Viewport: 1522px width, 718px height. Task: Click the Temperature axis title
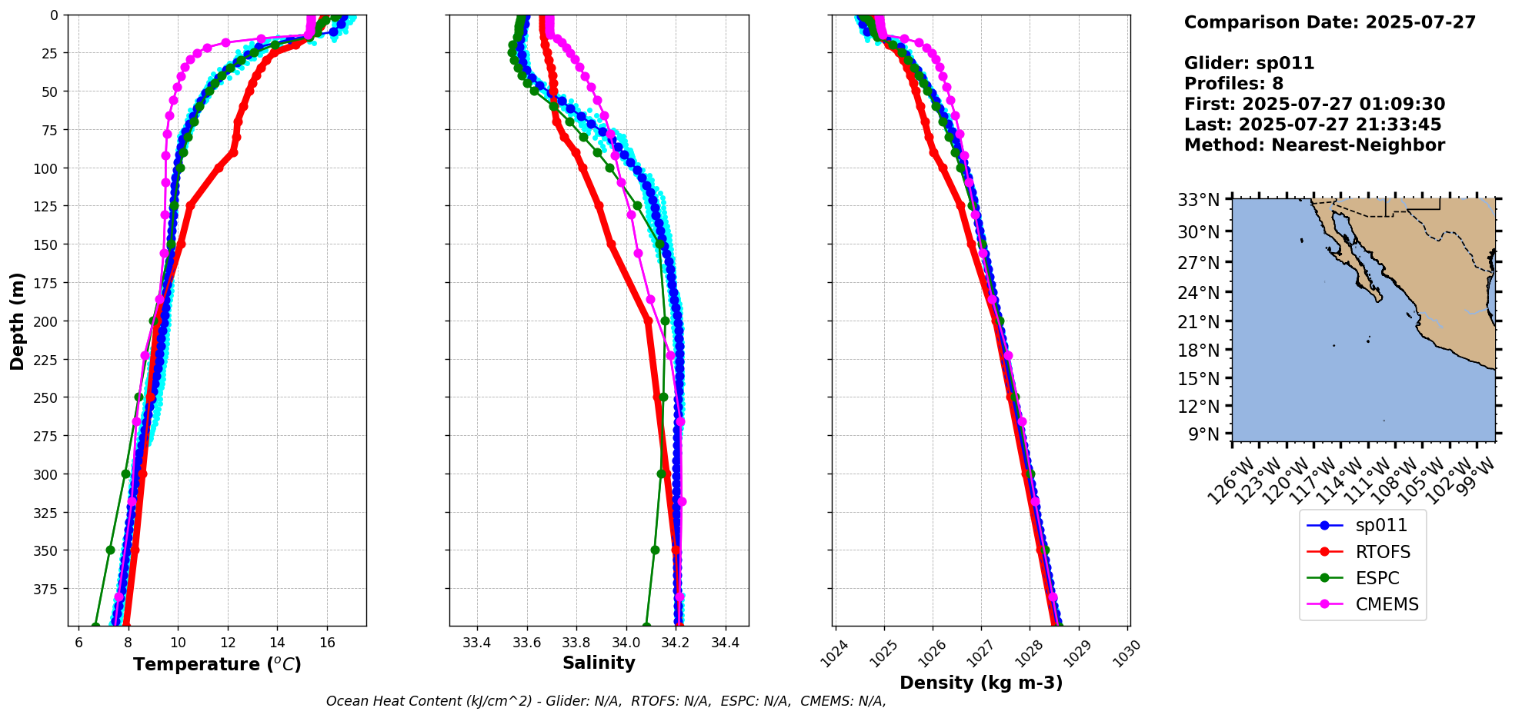point(217,664)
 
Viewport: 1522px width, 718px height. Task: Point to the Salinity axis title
point(599,663)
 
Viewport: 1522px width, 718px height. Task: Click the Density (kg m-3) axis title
point(981,683)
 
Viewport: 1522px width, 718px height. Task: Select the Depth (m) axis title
point(17,321)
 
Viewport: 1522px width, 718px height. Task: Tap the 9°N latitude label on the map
point(1204,434)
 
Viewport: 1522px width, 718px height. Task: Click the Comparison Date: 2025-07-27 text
point(1330,22)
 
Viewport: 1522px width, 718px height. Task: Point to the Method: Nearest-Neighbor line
point(1314,145)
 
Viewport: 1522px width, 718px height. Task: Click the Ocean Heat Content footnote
point(606,701)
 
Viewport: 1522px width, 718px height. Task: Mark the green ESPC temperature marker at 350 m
point(110,550)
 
